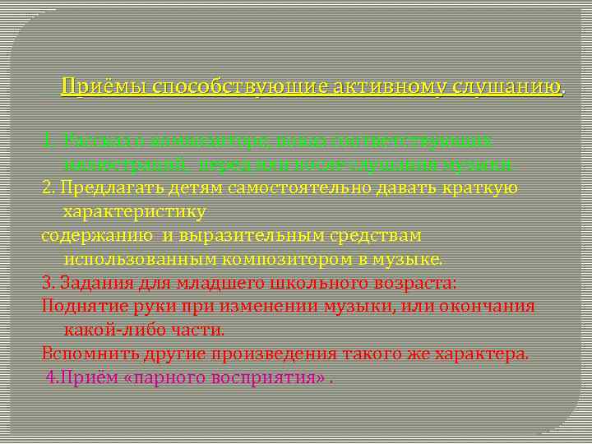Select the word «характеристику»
135,211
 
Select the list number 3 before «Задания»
47,283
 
